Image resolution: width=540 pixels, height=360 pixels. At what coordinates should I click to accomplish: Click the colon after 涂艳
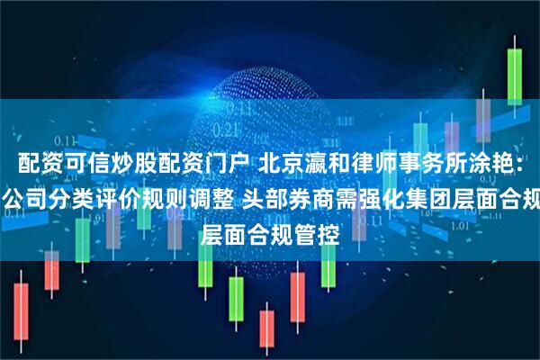click(x=522, y=165)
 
